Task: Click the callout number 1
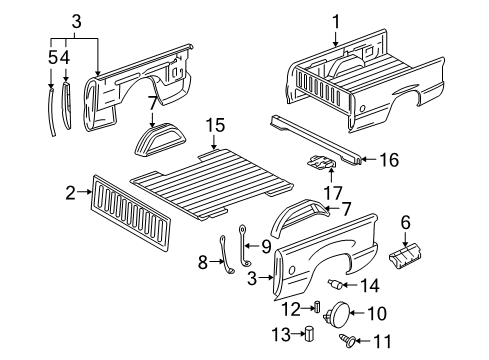336,22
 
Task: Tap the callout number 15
215,126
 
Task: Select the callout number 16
389,160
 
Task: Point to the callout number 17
333,193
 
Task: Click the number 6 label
405,222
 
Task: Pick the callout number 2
70,192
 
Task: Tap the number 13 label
281,334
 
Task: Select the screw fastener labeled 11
346,341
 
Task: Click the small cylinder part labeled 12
317,306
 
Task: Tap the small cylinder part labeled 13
310,333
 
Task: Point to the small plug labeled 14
335,284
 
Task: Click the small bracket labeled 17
321,162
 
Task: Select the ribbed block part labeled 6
405,256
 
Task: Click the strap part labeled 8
226,255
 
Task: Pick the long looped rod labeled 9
245,246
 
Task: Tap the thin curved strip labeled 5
52,111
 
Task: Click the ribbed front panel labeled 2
131,213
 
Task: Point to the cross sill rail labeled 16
315,140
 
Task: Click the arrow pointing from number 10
357,313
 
